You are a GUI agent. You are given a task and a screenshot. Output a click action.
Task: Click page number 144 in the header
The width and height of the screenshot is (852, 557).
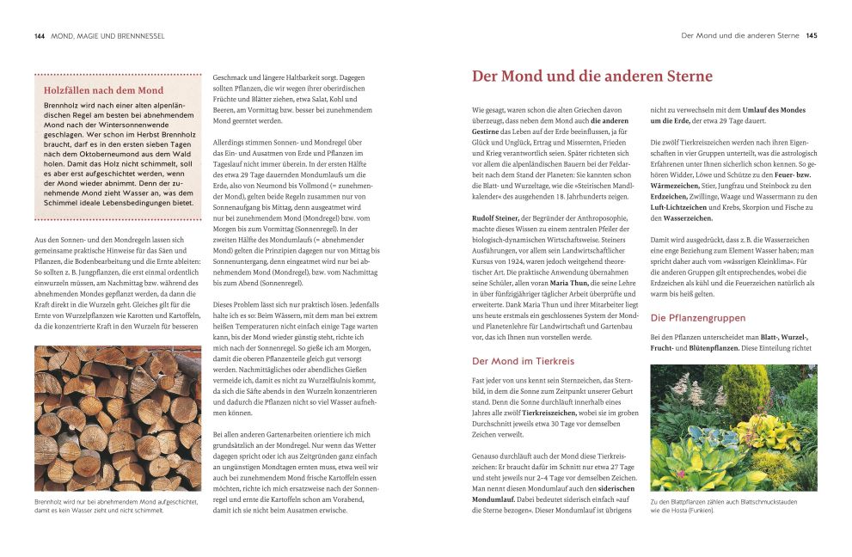pos(40,36)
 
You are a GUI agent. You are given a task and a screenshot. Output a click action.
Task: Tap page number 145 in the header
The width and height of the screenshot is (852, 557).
pos(812,36)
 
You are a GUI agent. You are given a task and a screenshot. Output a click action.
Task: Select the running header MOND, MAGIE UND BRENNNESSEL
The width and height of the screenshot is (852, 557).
pos(108,36)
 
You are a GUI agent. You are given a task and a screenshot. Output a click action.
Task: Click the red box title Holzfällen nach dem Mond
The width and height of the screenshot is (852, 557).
pos(103,90)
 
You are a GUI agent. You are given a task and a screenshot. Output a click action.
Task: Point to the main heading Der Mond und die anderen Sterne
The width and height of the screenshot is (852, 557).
pos(592,77)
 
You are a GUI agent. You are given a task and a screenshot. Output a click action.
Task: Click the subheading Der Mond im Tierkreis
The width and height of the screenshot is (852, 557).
pos(523,361)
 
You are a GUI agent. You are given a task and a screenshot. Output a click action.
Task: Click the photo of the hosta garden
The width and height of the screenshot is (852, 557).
pos(733,427)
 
